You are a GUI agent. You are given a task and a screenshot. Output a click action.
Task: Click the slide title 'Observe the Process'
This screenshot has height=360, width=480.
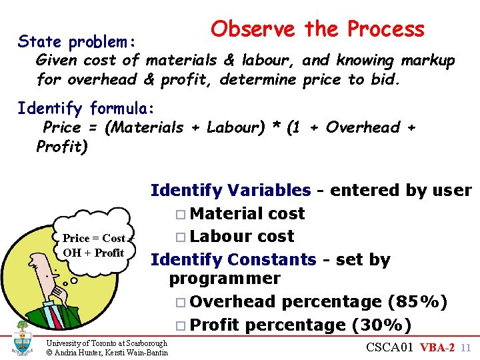[317, 29]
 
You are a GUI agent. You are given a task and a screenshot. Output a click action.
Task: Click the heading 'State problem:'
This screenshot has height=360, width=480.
[77, 42]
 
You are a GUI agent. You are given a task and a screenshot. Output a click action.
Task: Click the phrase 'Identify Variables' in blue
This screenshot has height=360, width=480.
[230, 191]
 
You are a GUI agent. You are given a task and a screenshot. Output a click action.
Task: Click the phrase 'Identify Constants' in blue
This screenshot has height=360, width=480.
[233, 259]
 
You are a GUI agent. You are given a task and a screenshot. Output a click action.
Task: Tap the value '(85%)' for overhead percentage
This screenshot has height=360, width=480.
[417, 302]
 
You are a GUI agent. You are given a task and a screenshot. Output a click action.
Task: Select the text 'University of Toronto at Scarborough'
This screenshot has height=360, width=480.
[107, 343]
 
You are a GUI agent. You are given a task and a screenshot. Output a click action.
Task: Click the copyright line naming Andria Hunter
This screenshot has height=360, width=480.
[107, 353]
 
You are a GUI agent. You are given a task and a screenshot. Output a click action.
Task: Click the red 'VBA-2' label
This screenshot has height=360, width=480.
[437, 347]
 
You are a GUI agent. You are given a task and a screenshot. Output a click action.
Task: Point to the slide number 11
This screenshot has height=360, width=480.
[466, 347]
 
